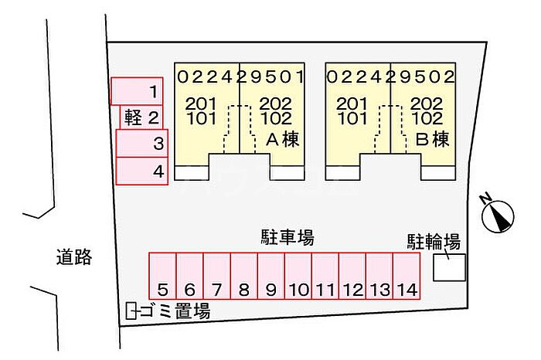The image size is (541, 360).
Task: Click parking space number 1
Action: (x=138, y=92)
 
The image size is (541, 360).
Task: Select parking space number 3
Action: (x=141, y=144)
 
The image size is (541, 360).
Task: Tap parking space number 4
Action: (x=141, y=171)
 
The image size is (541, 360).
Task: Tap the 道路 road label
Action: (x=74, y=257)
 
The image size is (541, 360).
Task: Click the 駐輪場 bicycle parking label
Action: (x=434, y=242)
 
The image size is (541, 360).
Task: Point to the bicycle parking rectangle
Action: (x=449, y=267)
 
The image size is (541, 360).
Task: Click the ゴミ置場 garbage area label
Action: (x=175, y=312)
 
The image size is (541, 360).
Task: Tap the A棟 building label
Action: (x=283, y=140)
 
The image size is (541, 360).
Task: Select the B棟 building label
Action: (x=433, y=140)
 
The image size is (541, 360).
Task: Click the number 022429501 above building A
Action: (x=240, y=77)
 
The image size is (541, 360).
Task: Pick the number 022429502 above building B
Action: (x=390, y=77)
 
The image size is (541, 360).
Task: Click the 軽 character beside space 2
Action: (x=132, y=117)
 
